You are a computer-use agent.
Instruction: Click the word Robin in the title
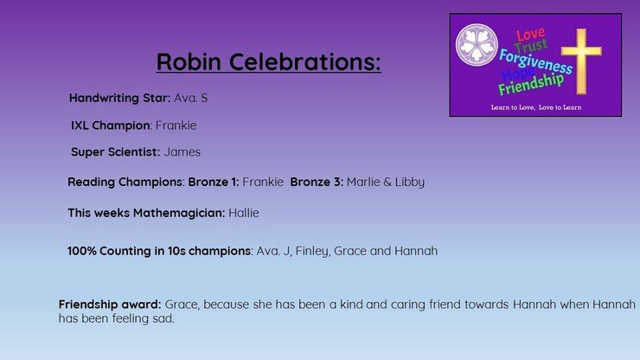[189, 61]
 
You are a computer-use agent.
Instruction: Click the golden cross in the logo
[581, 61]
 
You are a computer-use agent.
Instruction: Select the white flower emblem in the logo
[477, 45]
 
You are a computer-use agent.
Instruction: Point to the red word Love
[530, 35]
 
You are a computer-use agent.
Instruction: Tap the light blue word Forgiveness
[535, 61]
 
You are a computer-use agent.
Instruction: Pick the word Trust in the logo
[531, 46]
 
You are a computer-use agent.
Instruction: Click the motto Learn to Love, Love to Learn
[536, 107]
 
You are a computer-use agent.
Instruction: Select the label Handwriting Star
[119, 98]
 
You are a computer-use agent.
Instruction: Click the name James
[182, 152]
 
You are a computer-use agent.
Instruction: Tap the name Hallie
[244, 213]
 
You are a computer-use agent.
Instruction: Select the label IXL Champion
[110, 125]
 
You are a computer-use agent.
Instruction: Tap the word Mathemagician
[179, 213]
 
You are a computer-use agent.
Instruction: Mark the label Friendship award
[110, 305]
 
